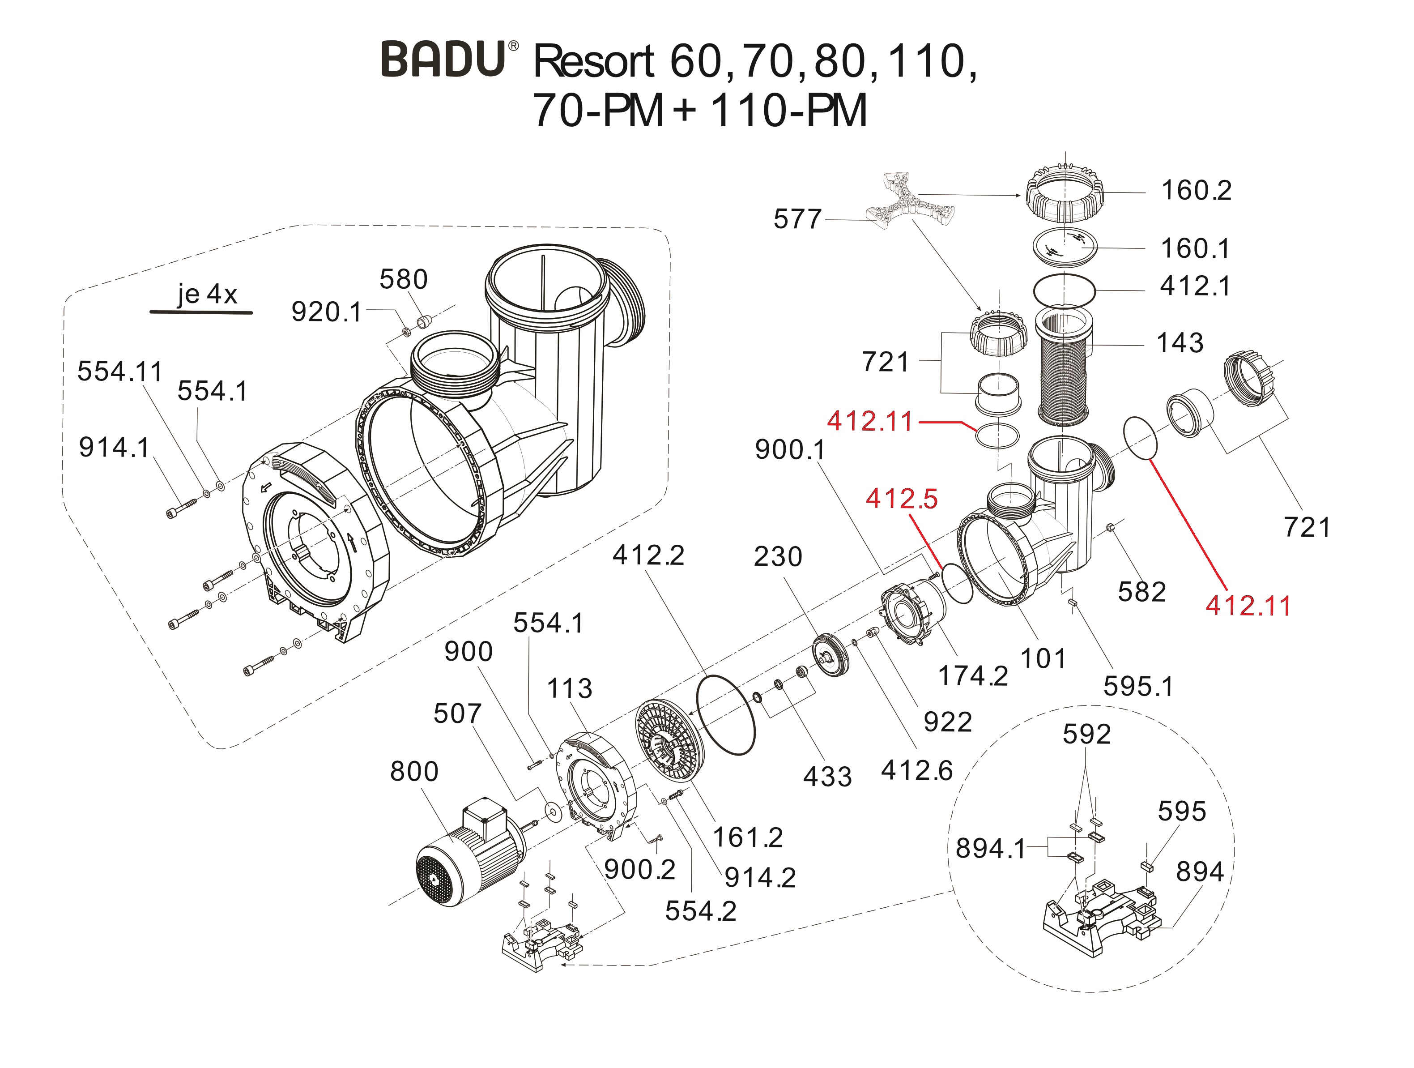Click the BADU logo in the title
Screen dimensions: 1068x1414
pyautogui.click(x=443, y=60)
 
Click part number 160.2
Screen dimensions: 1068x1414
pyautogui.click(x=1195, y=191)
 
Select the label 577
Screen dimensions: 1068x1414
pyautogui.click(x=796, y=219)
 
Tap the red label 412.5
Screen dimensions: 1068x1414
pyautogui.click(x=901, y=499)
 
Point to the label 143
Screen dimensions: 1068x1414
pyautogui.click(x=1180, y=343)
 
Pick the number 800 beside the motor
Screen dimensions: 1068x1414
pyautogui.click(x=414, y=772)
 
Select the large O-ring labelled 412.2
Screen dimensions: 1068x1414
pyautogui.click(x=725, y=714)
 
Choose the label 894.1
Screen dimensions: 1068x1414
pyautogui.click(x=989, y=849)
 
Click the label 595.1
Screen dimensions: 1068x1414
pyautogui.click(x=1138, y=687)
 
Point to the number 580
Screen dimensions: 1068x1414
pyautogui.click(x=403, y=279)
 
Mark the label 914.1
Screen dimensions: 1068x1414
pyautogui.click(x=114, y=448)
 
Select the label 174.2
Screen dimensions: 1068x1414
pyautogui.click(x=972, y=676)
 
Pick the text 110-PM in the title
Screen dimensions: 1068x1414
pyautogui.click(x=789, y=111)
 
